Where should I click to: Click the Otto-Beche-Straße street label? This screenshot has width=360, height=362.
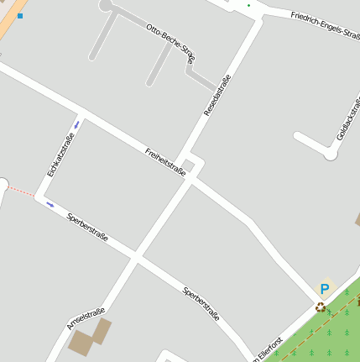tap(170, 43)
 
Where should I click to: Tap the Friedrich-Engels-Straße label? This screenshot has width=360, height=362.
tap(326, 27)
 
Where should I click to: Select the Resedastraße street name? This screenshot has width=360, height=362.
tap(217, 95)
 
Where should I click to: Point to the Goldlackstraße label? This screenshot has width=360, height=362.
tap(347, 119)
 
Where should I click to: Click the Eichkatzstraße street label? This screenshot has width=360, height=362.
tap(61, 155)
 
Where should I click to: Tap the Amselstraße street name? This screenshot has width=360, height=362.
tap(86, 312)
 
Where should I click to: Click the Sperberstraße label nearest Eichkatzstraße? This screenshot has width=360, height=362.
tap(87, 228)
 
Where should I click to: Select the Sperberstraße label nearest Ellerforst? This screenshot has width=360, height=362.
tap(201, 304)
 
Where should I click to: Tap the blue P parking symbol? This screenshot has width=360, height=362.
tap(324, 288)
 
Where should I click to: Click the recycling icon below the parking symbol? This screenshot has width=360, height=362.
tap(320, 307)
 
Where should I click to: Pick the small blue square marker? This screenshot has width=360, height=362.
tap(20, 16)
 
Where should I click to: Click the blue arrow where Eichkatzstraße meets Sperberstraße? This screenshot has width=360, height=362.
tap(50, 203)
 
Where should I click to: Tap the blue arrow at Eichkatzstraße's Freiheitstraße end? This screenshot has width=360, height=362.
tap(78, 124)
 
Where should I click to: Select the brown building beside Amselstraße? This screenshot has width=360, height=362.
tap(89, 336)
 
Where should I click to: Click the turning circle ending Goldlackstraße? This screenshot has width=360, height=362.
tap(331, 155)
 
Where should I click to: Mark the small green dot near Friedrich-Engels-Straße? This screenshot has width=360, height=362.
tap(248, 6)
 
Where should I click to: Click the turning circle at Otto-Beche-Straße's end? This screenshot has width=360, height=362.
tap(106, 5)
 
